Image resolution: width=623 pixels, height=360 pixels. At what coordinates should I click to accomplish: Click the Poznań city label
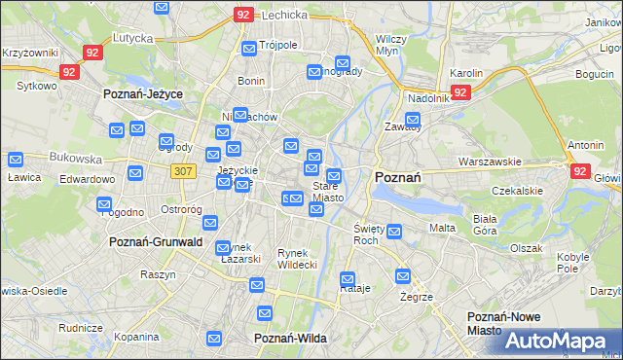coord(397,177)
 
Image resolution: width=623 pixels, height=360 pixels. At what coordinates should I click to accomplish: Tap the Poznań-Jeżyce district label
coord(144,94)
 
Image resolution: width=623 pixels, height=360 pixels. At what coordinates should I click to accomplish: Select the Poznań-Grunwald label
coord(156,241)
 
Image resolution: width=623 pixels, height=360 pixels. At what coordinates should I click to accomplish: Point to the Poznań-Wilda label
coord(290,338)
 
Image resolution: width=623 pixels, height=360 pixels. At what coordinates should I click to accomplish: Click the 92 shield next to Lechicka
coord(244,16)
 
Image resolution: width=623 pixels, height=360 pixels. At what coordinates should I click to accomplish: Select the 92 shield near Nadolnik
coord(461,92)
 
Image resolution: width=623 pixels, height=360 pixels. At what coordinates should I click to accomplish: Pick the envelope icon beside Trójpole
coord(249,48)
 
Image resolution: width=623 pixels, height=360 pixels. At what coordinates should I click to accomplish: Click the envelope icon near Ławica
coord(16,160)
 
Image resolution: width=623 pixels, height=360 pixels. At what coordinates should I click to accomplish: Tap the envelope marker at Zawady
coord(413,123)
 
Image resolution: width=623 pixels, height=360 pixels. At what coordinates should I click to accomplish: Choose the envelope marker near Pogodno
coord(104,204)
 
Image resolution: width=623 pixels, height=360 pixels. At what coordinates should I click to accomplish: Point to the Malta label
coord(442,228)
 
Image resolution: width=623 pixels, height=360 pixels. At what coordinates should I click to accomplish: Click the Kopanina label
coord(135,337)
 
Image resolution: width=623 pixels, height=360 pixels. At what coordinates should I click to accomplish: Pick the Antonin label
coord(586,146)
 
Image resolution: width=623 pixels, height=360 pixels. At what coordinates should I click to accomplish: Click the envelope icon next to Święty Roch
coord(394,232)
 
